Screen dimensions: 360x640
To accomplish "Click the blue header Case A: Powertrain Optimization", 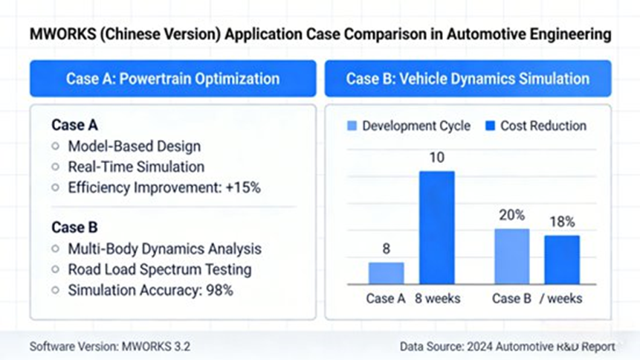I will tap(172, 79).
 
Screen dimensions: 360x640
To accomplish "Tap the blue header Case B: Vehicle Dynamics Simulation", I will tap(468, 79).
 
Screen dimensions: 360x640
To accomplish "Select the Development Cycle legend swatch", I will tap(352, 126).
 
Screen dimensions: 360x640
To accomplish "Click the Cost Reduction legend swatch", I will tap(491, 126).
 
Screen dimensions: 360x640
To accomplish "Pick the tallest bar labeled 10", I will tap(436, 228).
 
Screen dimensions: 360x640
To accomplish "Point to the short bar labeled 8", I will tap(387, 273).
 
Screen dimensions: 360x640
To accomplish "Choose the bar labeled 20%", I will tap(512, 257).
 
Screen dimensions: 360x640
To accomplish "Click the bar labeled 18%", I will tap(561, 260).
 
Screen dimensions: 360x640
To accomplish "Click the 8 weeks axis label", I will tap(437, 298).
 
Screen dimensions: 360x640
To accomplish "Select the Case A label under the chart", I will tap(386, 298).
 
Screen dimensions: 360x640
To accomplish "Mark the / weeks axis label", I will tap(561, 298).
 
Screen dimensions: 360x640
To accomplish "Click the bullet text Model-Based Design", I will tap(134, 147).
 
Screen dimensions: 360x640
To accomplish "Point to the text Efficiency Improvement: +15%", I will tap(164, 187).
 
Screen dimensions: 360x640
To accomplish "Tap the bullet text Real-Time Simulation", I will tap(136, 167).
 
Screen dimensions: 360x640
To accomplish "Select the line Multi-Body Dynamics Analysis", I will tap(164, 249).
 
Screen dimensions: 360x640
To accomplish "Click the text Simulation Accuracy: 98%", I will tap(150, 290).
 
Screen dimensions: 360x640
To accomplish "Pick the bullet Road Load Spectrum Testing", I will tap(159, 269).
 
